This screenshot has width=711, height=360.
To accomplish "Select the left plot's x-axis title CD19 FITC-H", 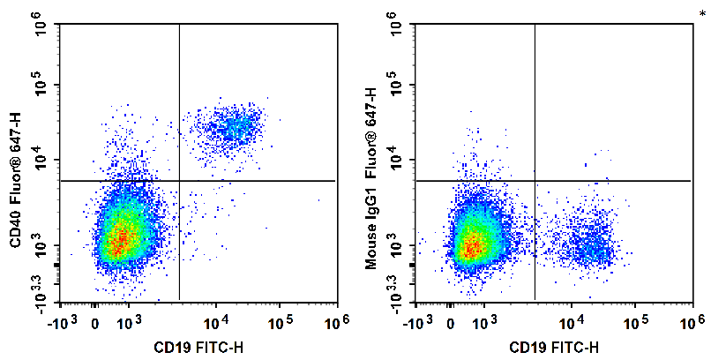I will coord(199,346).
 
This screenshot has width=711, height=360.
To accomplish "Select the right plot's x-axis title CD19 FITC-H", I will coord(555,346).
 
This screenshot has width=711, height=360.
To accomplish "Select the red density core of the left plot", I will coord(121,236).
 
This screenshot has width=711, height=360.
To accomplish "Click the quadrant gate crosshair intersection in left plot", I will coord(179,181).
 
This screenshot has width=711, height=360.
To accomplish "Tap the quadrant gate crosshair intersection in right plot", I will coord(535,181).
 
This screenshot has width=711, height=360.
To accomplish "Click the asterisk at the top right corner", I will coord(701,11).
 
